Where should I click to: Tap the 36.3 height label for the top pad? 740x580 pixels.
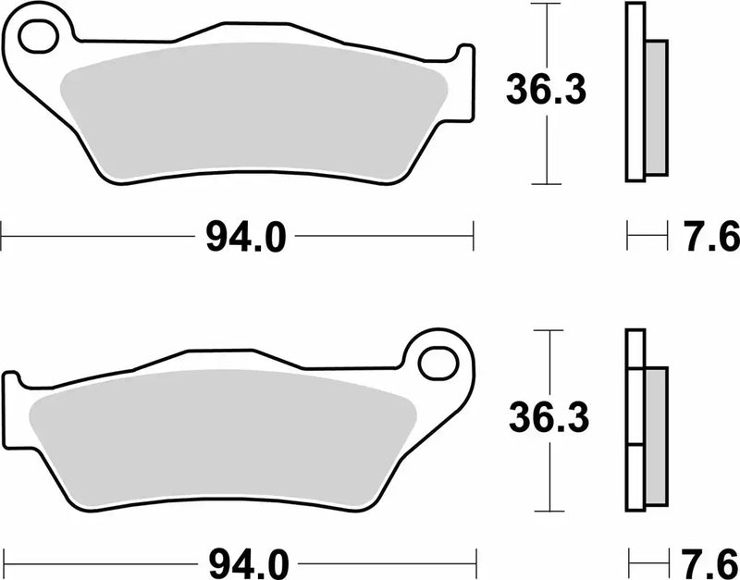545,91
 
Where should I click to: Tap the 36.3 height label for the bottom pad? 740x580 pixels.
549,421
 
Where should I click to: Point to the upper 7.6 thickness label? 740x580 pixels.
711,238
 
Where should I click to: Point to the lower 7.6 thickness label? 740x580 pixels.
712,561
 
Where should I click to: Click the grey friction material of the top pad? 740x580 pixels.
250,111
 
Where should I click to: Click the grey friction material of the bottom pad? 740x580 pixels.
222,439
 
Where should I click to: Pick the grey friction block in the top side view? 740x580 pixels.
655,107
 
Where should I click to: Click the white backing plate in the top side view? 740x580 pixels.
635,93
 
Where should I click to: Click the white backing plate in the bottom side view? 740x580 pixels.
635,421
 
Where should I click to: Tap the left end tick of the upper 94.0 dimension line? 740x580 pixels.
2,236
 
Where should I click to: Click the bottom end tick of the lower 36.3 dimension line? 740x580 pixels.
550,512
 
